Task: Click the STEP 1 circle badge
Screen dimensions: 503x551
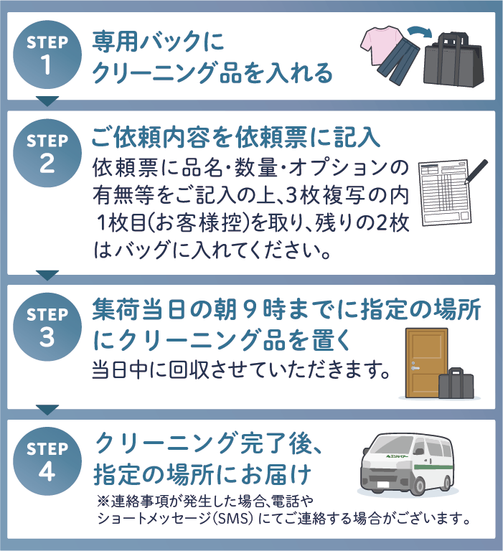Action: pos(47,55)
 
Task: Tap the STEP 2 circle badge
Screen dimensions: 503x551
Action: pos(47,153)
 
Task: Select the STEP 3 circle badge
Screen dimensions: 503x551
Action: pos(47,327)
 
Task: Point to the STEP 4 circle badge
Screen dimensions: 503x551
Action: pos(47,461)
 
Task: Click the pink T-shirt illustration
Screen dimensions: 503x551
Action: pos(382,44)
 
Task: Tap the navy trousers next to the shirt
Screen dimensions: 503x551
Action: pos(398,63)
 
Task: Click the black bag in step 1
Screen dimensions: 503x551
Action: pos(453,60)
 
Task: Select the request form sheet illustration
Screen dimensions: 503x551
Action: pos(445,192)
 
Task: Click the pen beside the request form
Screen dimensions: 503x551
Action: pos(476,172)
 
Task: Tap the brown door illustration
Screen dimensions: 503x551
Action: pos(426,363)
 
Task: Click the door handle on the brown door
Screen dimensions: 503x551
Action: pos(415,368)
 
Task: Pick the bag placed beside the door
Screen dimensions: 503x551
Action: pos(456,383)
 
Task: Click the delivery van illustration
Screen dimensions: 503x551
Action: pos(407,464)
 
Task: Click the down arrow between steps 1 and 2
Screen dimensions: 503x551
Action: pos(47,101)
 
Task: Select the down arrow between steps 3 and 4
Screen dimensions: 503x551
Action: pos(47,410)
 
